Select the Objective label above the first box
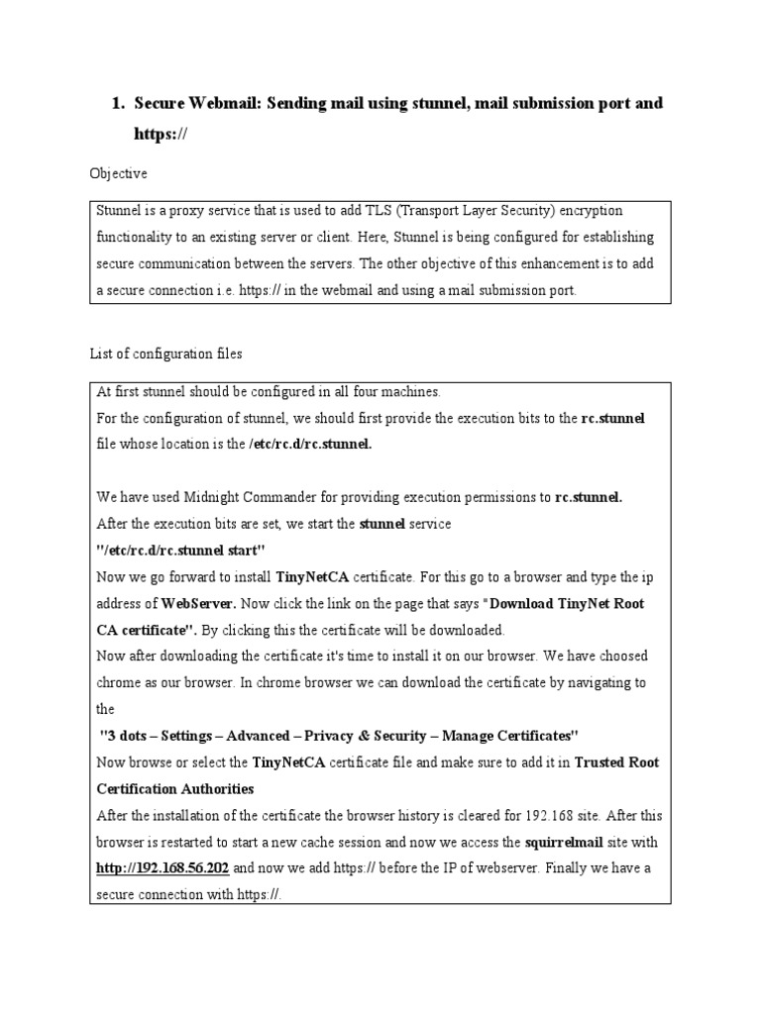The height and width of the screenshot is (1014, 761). [119, 173]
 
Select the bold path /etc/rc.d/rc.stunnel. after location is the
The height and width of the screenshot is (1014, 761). [310, 445]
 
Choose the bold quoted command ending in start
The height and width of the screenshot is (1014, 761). [180, 550]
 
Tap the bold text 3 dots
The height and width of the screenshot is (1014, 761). [126, 736]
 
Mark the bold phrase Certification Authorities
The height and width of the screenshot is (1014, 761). [175, 789]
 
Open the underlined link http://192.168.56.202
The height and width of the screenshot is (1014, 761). [163, 867]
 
